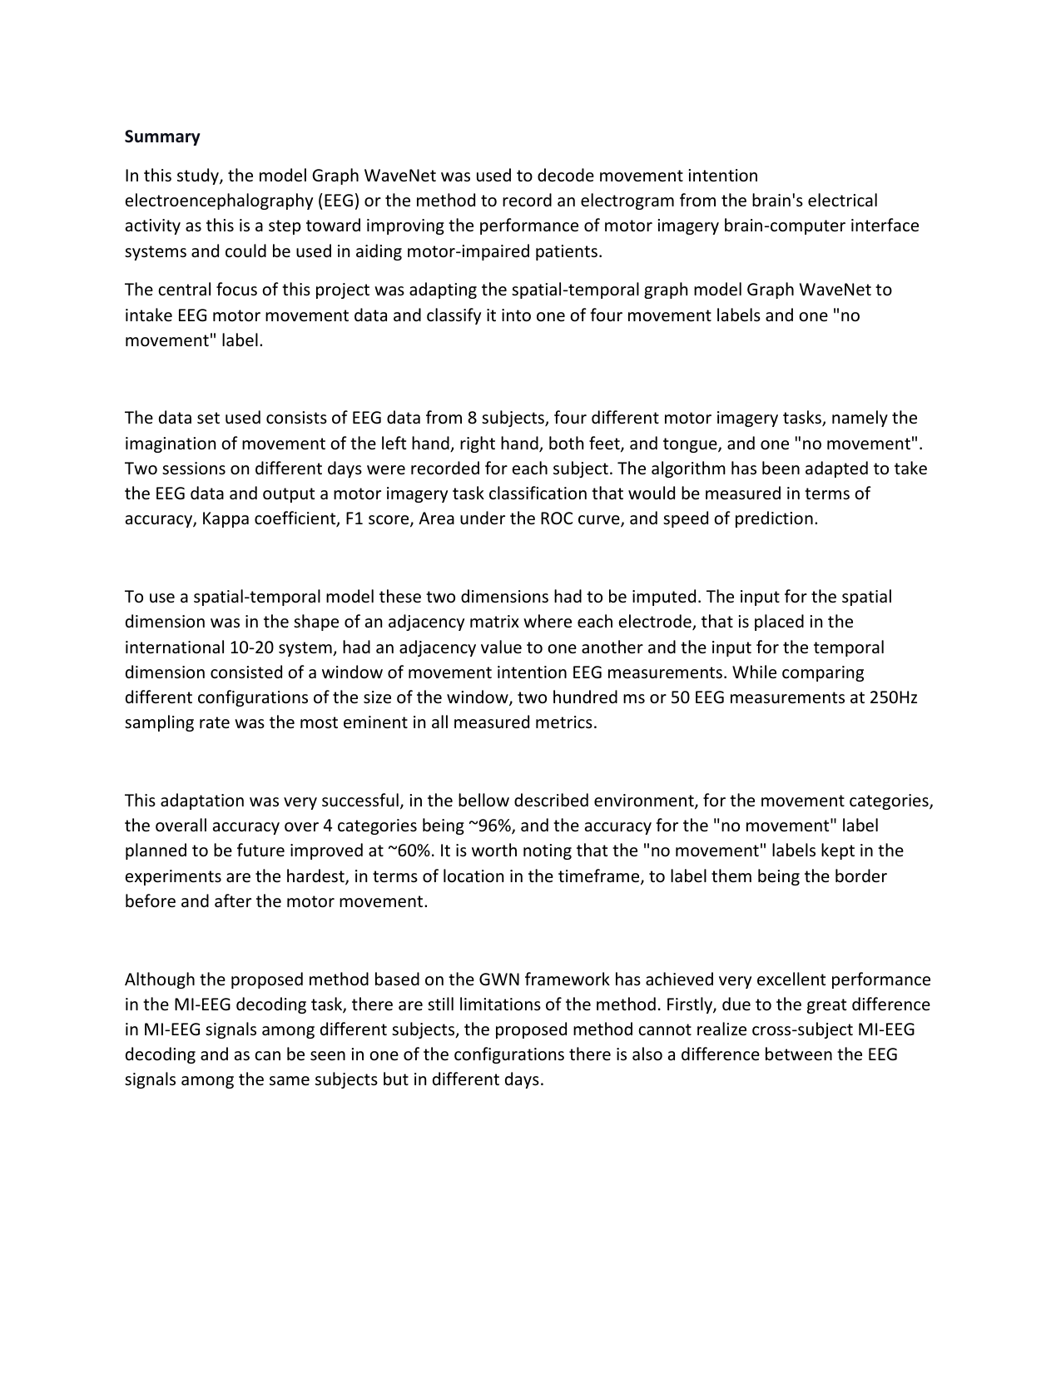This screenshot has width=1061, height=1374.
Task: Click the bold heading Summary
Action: [x=162, y=136]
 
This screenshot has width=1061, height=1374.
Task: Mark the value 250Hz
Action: [x=893, y=697]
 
